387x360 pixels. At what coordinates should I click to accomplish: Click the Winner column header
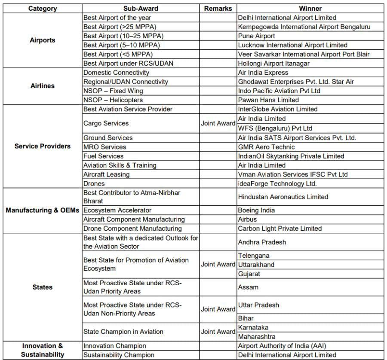[310, 8]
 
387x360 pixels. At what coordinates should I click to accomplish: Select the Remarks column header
[218, 8]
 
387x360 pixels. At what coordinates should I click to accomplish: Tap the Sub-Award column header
[140, 8]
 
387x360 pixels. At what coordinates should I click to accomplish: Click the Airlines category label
[42, 86]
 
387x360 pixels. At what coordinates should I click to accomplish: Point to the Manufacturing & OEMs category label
[42, 211]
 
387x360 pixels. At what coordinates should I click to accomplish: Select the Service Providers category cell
[42, 146]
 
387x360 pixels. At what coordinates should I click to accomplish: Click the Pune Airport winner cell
[257, 36]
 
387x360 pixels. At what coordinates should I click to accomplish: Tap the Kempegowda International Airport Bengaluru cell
[304, 27]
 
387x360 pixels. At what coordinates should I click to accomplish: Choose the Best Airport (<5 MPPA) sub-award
[118, 54]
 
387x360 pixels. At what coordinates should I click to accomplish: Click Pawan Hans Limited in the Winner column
[268, 100]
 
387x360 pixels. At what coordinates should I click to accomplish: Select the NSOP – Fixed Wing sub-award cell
[113, 91]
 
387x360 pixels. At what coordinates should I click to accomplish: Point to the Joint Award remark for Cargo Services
[218, 123]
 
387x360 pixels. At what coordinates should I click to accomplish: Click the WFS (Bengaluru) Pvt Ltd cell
[275, 128]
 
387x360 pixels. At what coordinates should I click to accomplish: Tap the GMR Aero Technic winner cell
[266, 147]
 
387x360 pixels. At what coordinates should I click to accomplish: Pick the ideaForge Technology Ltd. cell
[277, 183]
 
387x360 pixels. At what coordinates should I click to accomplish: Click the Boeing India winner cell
[256, 211]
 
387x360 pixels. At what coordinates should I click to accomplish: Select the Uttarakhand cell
[256, 265]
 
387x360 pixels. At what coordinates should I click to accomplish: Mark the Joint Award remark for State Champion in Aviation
[218, 332]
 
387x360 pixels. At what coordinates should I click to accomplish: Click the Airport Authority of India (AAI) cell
[281, 346]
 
